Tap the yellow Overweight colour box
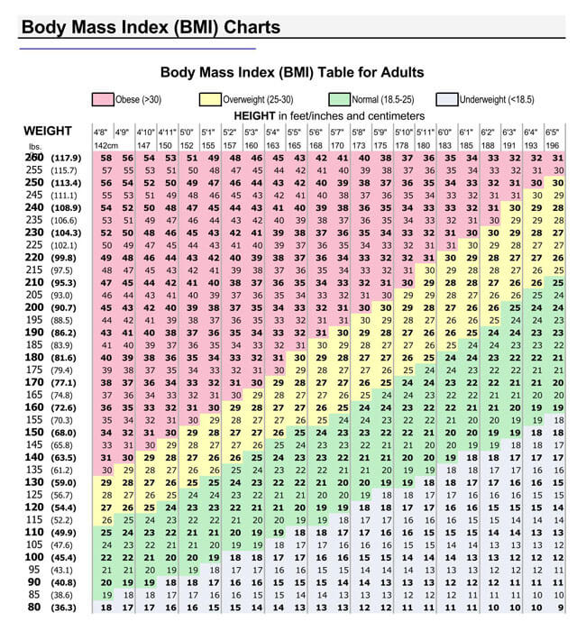point(208,100)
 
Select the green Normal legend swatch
point(340,100)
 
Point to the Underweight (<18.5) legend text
point(497,100)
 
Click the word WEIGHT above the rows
point(47,131)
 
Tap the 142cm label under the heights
point(106,145)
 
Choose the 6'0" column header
point(444,132)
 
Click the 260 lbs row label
point(34,158)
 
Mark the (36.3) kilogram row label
point(62,608)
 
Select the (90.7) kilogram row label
point(62,307)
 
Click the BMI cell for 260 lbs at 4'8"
point(105,158)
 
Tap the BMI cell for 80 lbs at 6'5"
point(558,608)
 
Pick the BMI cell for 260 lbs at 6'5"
point(558,158)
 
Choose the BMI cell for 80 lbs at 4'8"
point(105,608)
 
